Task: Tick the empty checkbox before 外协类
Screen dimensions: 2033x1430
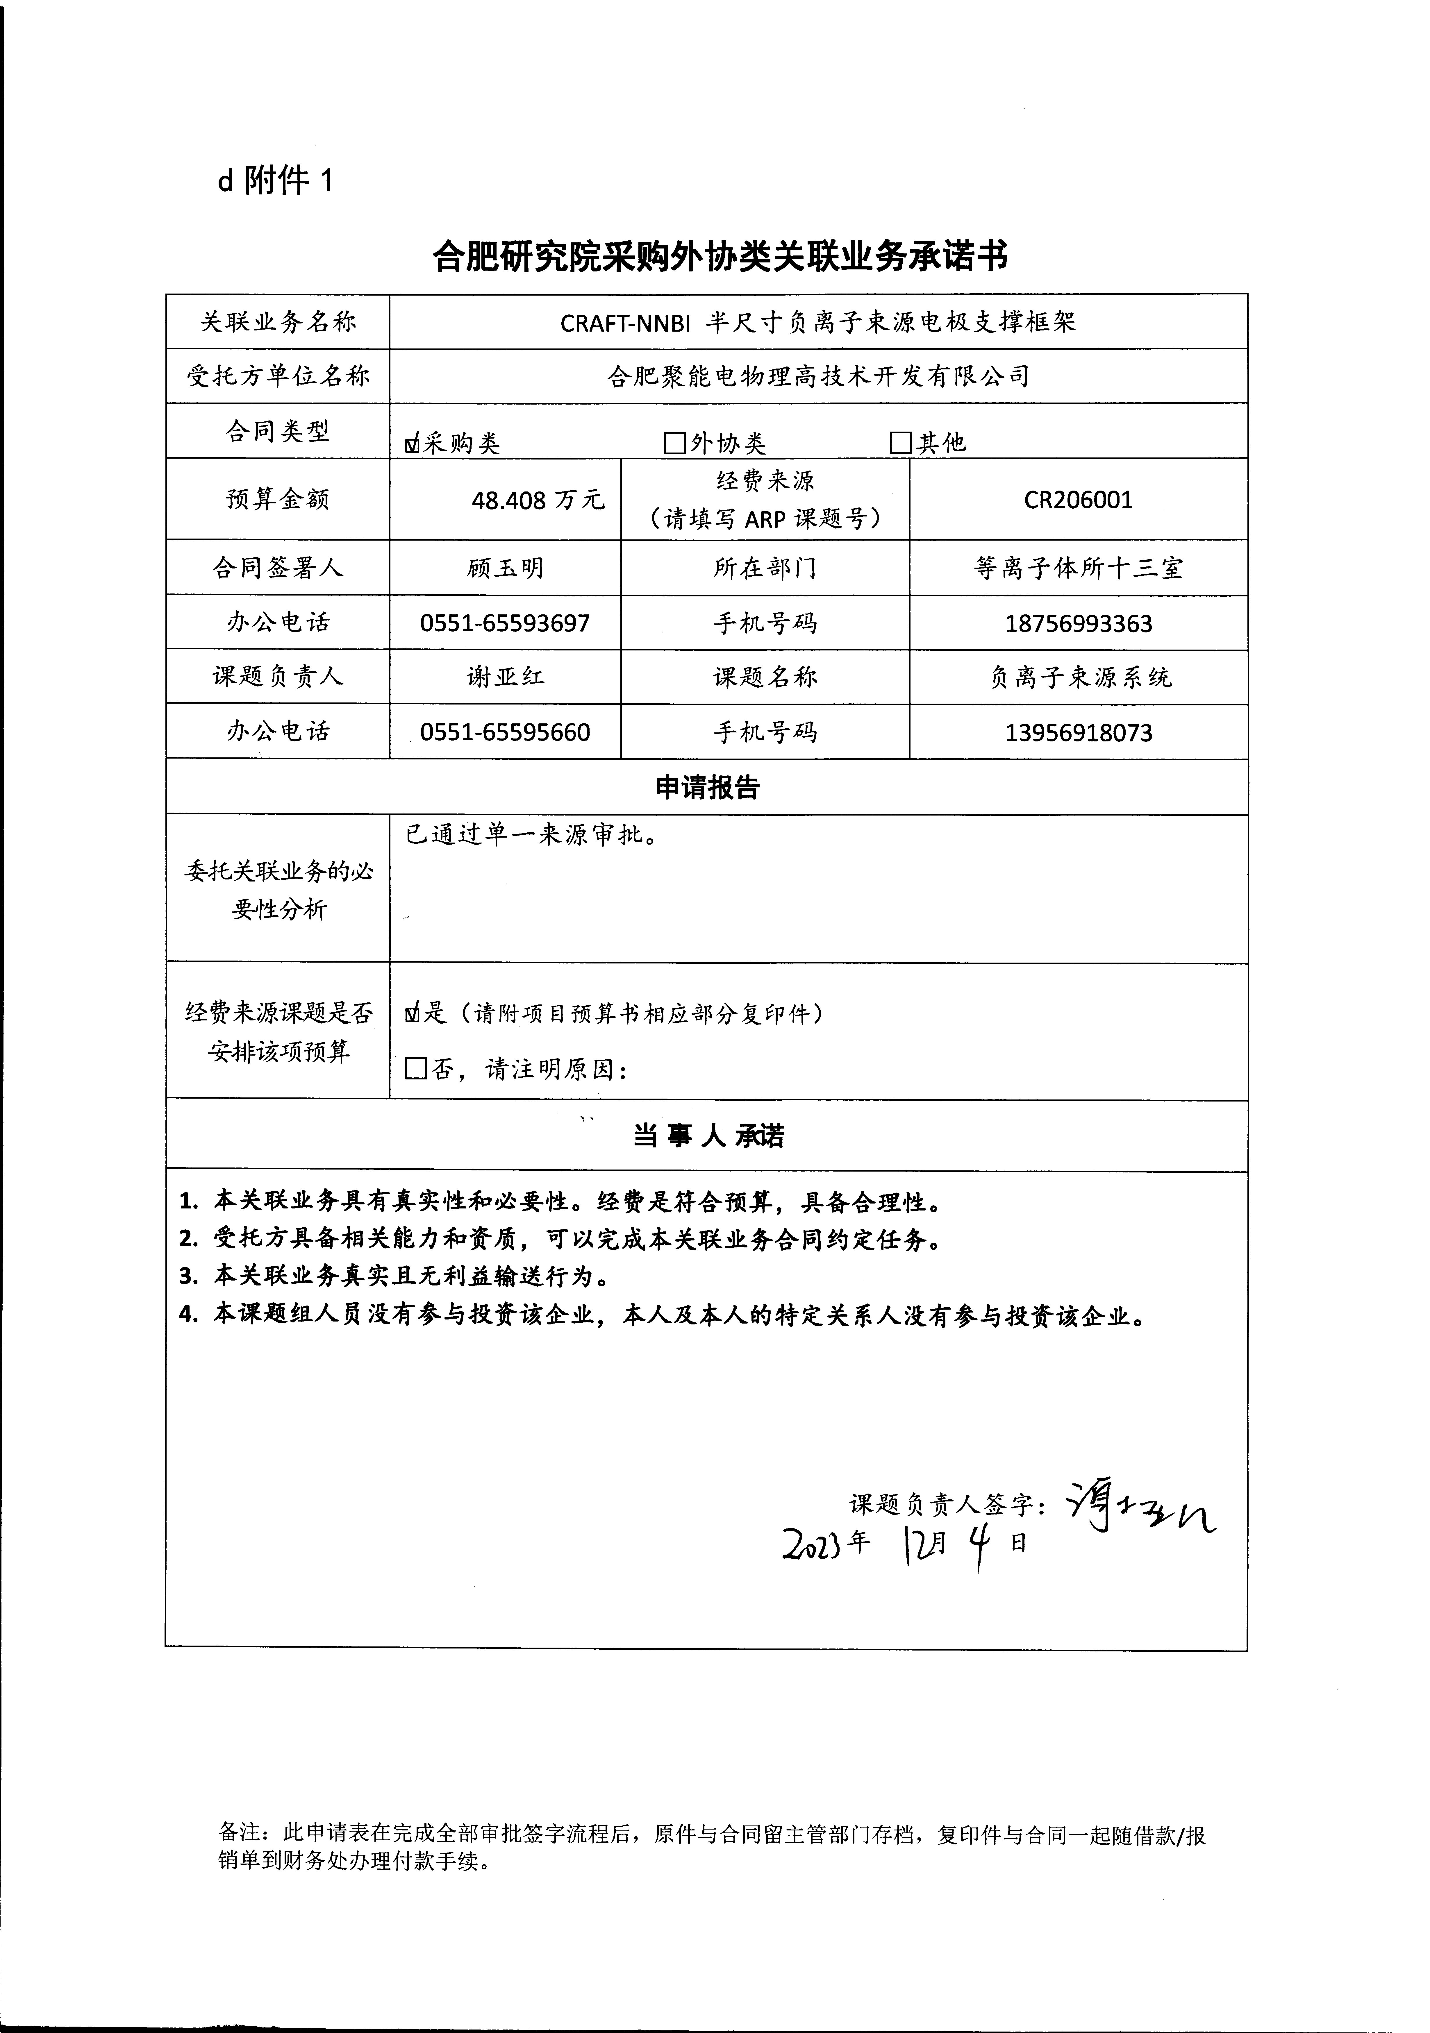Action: [x=675, y=443]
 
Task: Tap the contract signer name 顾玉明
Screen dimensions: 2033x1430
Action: [x=505, y=568]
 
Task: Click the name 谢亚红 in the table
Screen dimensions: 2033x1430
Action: [x=505, y=677]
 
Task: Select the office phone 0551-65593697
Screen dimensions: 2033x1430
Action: [x=505, y=623]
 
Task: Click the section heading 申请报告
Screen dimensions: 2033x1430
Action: [x=707, y=787]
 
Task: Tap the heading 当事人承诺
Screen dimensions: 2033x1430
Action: [x=707, y=1136]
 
